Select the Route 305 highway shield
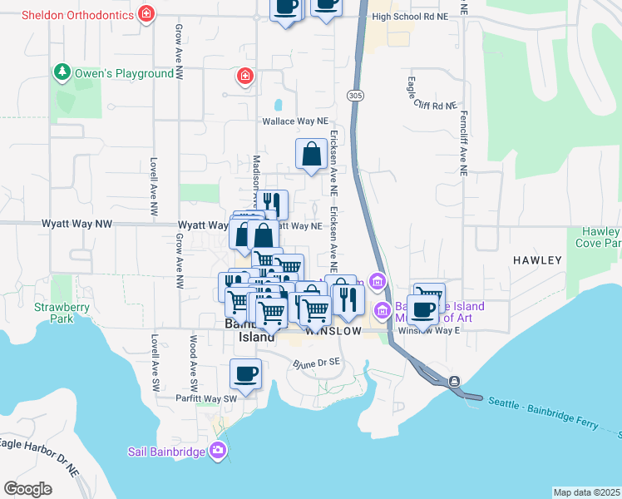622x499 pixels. coord(355,96)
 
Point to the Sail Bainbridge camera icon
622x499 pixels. coord(218,451)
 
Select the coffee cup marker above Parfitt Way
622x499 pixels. coord(245,373)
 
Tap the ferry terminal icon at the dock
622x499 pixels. coord(454,381)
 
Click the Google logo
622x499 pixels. coord(27,488)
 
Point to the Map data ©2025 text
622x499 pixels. coord(586,492)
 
